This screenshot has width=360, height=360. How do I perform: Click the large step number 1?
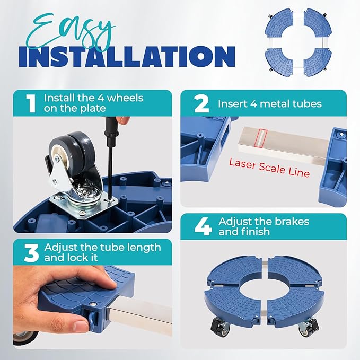pos(31,103)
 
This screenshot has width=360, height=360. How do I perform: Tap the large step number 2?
pos(201,103)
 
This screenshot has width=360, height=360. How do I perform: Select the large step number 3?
pos(31,253)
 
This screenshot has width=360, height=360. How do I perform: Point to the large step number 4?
pos(203,227)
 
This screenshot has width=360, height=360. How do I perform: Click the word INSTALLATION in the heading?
pos(127,56)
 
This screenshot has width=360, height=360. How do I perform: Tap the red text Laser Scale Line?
pos(269,168)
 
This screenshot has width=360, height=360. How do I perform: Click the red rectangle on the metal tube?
pos(261,138)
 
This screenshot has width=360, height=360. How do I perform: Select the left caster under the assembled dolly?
pos(219,326)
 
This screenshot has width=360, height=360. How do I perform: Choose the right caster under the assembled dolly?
pos(308,326)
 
